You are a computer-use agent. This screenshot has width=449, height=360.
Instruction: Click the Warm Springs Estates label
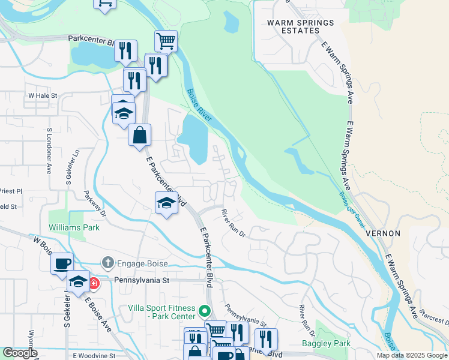301,27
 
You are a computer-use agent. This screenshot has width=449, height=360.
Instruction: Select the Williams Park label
74,228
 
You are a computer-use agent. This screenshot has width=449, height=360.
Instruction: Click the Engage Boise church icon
107,262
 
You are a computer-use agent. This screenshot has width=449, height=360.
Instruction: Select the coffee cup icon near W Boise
61,263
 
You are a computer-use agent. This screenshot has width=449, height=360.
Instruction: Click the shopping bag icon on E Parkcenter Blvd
139,135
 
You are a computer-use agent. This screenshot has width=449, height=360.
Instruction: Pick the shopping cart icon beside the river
166,41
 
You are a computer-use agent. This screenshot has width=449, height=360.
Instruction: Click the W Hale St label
42,95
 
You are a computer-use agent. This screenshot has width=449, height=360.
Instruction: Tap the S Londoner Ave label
49,151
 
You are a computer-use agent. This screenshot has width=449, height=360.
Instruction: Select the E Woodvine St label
94,356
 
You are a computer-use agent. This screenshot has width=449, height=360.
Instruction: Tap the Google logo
21,353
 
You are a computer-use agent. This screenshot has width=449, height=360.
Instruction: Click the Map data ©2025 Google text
411,355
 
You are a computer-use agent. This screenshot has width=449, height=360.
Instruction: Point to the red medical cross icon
94,283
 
